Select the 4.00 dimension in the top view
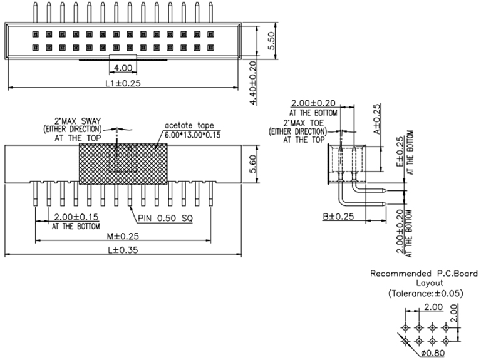point(123,68)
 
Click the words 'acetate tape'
point(186,125)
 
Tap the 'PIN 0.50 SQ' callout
point(165,219)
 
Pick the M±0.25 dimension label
point(122,237)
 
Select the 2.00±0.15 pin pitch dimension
point(73,217)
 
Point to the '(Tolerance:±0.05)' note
point(425,293)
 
